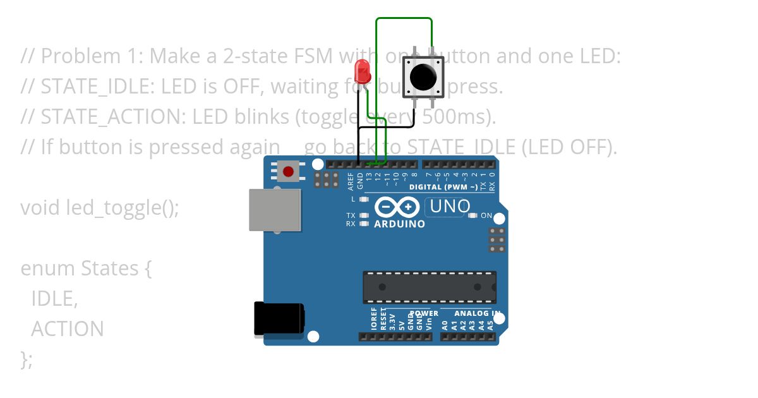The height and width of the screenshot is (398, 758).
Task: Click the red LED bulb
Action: [x=363, y=71]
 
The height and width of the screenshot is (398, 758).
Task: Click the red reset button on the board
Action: [x=289, y=171]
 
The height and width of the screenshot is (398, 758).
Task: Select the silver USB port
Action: [x=275, y=210]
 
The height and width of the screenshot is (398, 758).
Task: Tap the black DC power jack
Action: [x=279, y=319]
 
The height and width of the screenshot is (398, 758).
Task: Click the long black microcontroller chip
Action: [x=429, y=287]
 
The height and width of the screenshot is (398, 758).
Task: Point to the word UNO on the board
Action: [x=450, y=206]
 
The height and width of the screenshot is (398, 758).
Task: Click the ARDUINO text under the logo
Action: [x=399, y=224]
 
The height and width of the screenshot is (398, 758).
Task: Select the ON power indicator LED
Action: [x=473, y=215]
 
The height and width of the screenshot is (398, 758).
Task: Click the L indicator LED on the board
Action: [x=363, y=199]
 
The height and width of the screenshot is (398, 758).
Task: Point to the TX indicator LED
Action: [x=363, y=215]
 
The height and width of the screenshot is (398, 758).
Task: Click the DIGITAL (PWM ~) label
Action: [x=443, y=187]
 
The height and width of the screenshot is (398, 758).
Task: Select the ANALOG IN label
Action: [x=478, y=313]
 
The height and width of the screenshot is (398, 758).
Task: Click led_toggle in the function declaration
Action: [x=114, y=208]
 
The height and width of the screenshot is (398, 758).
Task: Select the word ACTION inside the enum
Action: [x=68, y=329]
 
